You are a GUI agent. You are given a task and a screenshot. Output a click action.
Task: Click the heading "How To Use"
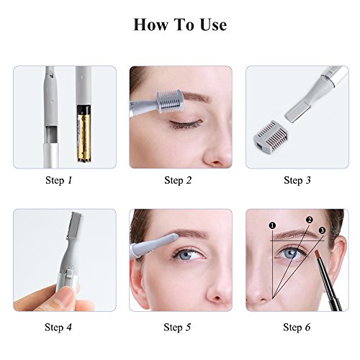[x=179, y=24]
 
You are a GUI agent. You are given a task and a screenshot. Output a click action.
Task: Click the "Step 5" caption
[x=178, y=328]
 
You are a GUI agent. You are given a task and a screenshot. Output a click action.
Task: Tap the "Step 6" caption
[x=297, y=328]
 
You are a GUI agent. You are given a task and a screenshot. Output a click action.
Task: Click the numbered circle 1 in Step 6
[x=273, y=226]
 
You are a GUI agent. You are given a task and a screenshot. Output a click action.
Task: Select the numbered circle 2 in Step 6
[x=309, y=220]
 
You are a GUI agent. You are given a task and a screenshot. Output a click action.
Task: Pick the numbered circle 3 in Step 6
[x=322, y=230]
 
